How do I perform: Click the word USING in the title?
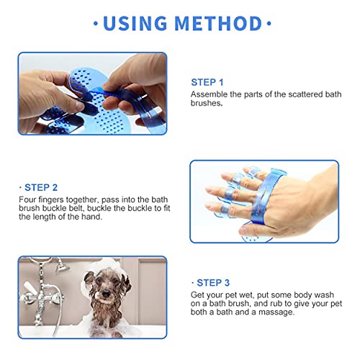tap(135, 23)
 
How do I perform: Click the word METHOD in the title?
tap(218, 23)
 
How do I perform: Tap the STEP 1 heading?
tap(207, 82)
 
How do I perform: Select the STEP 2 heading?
tap(41, 187)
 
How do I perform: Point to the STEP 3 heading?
tap(213, 283)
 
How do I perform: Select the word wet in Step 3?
tap(246, 295)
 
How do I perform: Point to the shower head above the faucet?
tap(62, 266)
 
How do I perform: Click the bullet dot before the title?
tap(96, 24)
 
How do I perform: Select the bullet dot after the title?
tap(269, 24)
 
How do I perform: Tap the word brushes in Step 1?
tap(207, 103)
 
